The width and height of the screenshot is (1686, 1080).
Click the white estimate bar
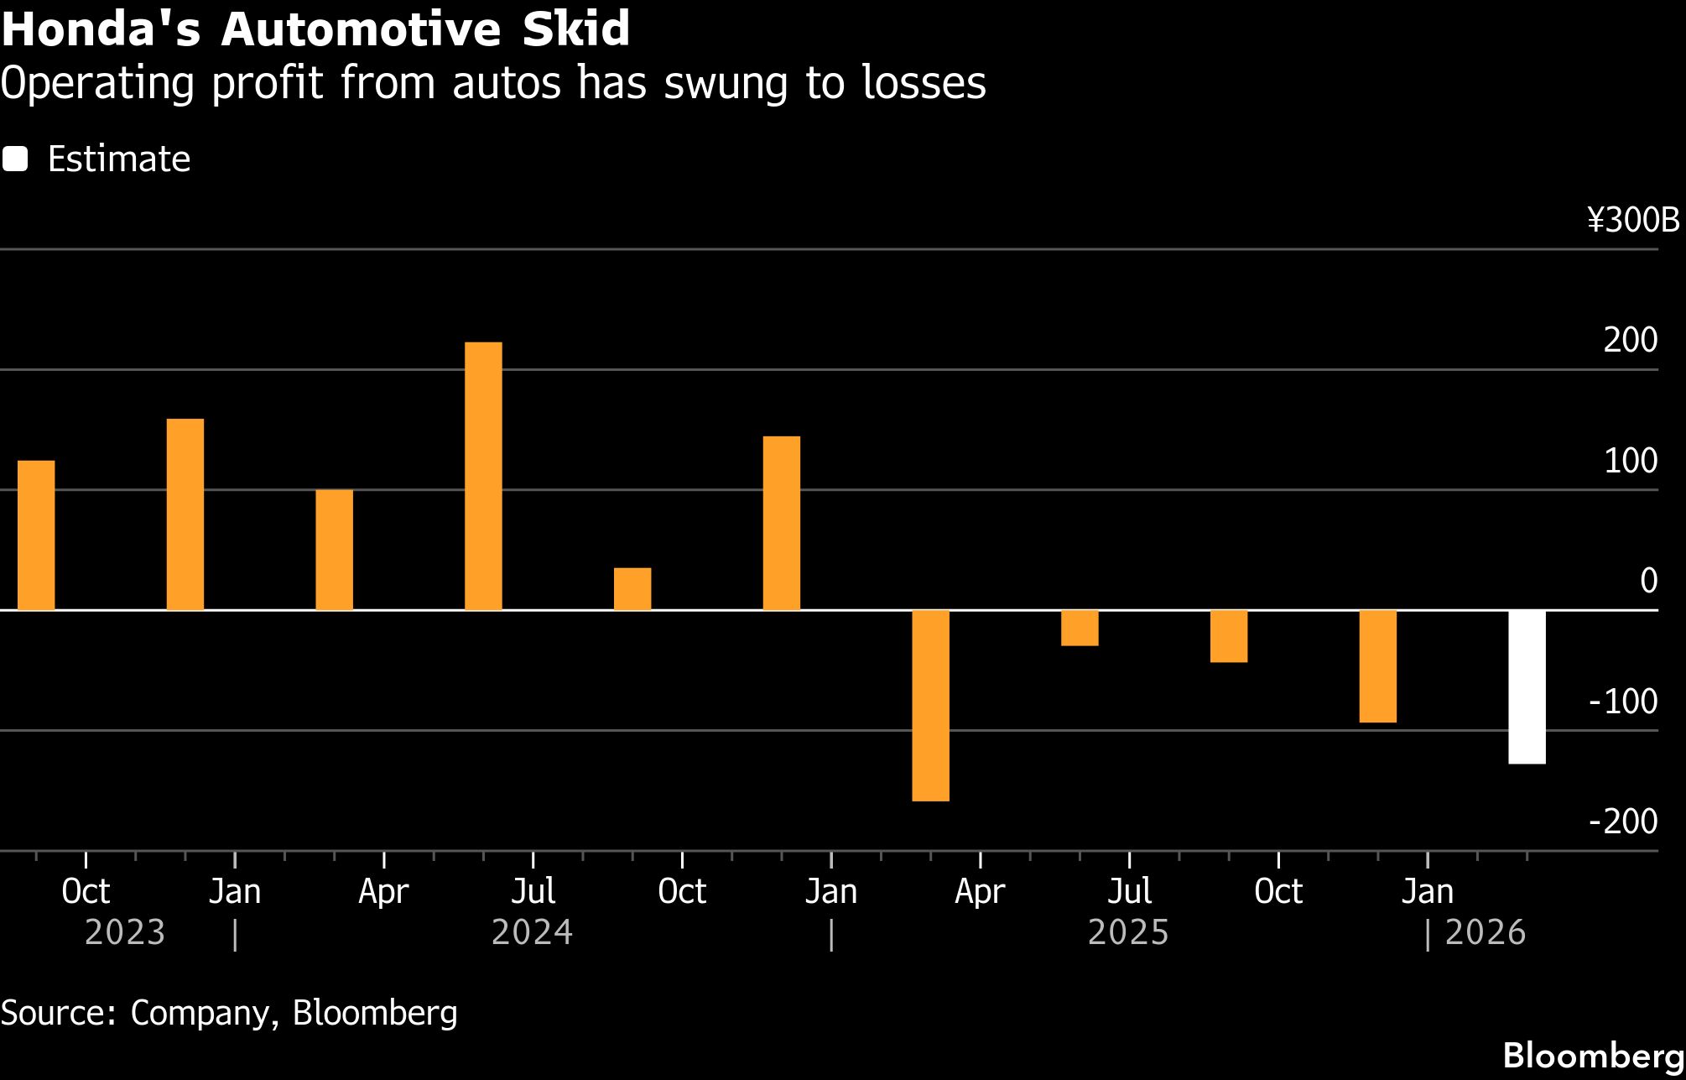pos(1527,686)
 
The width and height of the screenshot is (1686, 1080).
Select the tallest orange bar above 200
pos(483,476)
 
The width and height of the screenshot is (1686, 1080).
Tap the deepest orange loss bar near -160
pos(930,706)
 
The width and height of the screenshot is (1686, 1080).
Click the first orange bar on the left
pos(36,535)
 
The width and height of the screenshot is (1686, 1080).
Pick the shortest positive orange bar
pos(632,589)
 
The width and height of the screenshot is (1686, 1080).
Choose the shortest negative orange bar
pos(1080,628)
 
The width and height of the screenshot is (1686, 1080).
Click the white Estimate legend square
pos(15,159)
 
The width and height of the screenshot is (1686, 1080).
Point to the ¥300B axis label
pos(1633,221)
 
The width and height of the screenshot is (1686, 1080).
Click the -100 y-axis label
pos(1623,702)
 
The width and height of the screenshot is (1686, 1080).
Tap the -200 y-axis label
pos(1623,822)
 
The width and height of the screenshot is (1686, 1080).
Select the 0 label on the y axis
pos(1648,581)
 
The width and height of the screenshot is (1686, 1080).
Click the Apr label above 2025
pos(980,891)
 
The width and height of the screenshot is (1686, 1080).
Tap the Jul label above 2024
pos(533,891)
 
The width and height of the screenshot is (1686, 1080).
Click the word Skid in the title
pos(575,29)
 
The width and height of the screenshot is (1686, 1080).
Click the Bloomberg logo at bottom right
pos(1592,1056)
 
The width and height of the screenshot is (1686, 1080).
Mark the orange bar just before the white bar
pos(1377,666)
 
